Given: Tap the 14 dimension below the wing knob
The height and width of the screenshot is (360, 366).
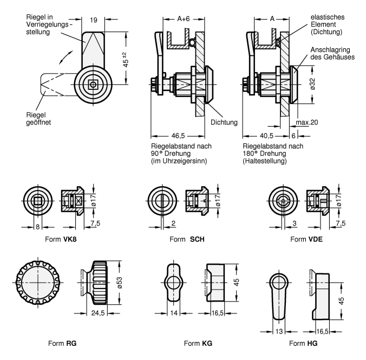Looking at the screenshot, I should pyautogui.click(x=174, y=312).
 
